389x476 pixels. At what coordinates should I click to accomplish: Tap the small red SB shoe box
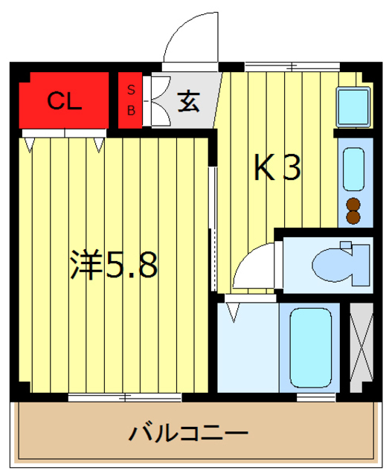[132, 100]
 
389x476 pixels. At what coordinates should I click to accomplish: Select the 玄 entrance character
[189, 101]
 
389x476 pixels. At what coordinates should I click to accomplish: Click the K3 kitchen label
[277, 170]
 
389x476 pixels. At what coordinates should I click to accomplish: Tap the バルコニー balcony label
[188, 433]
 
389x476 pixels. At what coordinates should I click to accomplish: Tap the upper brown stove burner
[354, 203]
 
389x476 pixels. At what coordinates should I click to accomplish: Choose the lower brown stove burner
[354, 217]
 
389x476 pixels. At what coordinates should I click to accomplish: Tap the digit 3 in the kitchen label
[291, 170]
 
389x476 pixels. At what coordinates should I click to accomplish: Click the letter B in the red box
[132, 111]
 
